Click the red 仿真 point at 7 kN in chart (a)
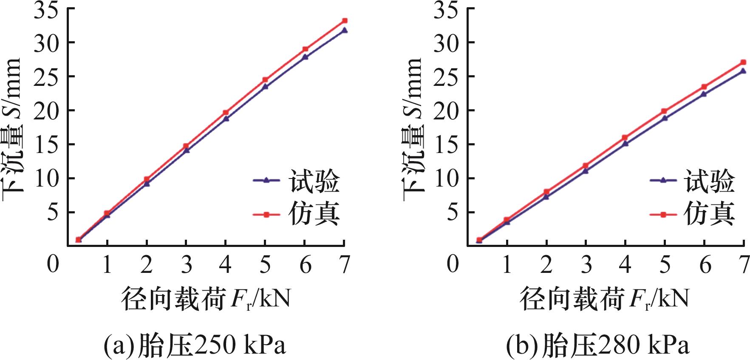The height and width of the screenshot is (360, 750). (x=345, y=20)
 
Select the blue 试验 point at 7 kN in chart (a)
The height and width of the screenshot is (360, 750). (x=345, y=30)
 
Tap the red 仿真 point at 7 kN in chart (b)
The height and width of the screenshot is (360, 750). (x=743, y=62)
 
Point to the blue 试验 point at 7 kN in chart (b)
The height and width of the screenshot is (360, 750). (x=743, y=71)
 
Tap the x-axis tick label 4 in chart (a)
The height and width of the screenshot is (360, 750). (x=226, y=265)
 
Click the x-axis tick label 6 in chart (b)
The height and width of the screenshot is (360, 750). (x=705, y=265)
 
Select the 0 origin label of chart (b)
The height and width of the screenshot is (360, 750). (x=453, y=264)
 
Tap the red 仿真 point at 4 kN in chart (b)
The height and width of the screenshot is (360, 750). (x=625, y=137)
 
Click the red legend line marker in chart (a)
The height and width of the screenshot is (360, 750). (x=266, y=215)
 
